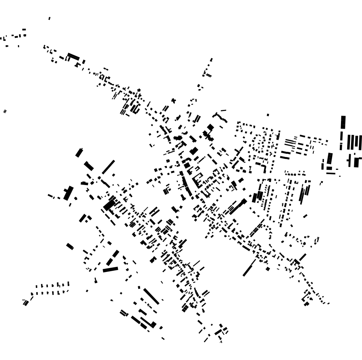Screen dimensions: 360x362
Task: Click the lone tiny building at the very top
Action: pos(49,18)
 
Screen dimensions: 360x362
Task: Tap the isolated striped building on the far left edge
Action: pos(5,111)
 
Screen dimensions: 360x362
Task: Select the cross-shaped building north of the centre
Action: pos(173,101)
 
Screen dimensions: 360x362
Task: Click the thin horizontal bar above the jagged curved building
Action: pos(223,110)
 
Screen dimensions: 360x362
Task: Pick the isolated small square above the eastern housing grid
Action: pos(268,115)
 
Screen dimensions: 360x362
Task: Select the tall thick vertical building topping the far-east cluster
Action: pos(343,122)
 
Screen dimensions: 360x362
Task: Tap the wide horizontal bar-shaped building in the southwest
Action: pos(110,269)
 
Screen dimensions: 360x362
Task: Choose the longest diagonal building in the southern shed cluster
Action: pos(151,296)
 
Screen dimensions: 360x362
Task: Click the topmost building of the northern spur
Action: pos(211,60)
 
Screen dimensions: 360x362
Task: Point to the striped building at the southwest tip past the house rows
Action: pos(26,302)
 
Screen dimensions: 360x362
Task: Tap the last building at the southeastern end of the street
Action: pos(328,303)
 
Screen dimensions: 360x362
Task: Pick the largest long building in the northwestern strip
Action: pos(73,56)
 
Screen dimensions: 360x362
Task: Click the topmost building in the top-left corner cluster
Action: pos(24,30)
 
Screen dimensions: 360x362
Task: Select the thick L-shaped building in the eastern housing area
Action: pos(264,168)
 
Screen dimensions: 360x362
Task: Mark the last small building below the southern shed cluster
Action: pos(163,338)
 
